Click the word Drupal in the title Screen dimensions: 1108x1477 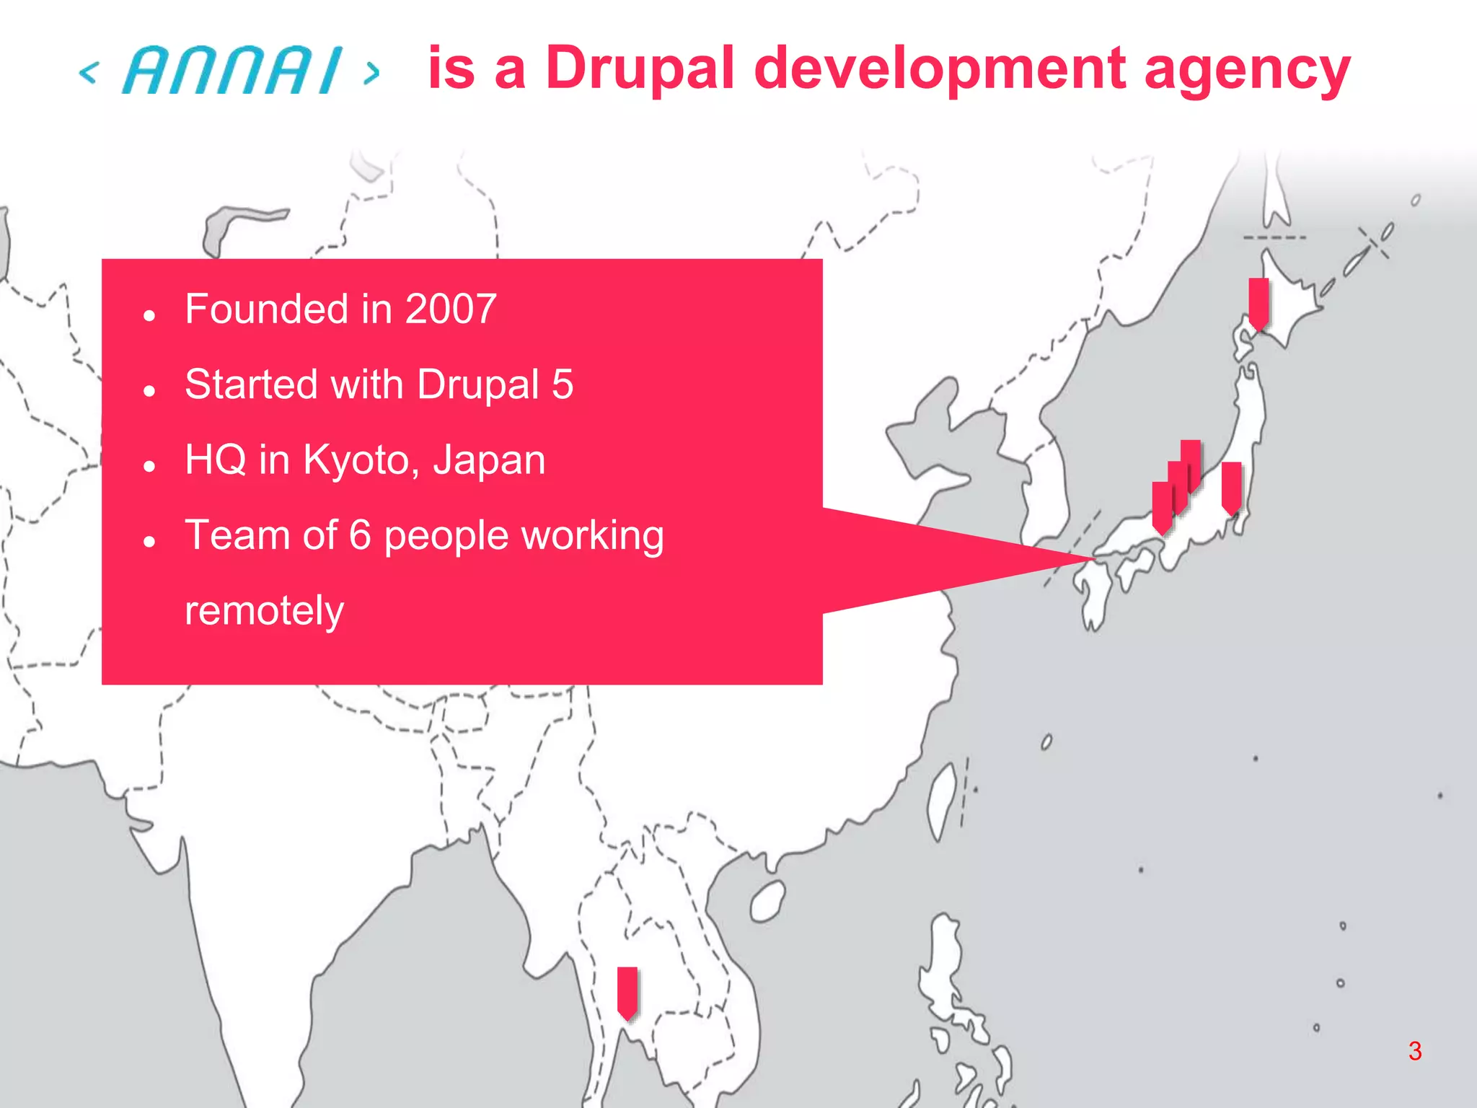pos(639,69)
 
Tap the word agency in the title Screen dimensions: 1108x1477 pos(1247,71)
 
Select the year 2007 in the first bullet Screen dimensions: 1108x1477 pos(451,309)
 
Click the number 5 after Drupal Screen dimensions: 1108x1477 pos(563,384)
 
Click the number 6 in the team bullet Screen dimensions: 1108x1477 pos(359,535)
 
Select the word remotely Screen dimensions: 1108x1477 pos(264,611)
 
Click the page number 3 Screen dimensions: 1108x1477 pos(1415,1051)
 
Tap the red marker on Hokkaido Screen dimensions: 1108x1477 pos(1258,303)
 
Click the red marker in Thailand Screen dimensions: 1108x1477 pos(627,993)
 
